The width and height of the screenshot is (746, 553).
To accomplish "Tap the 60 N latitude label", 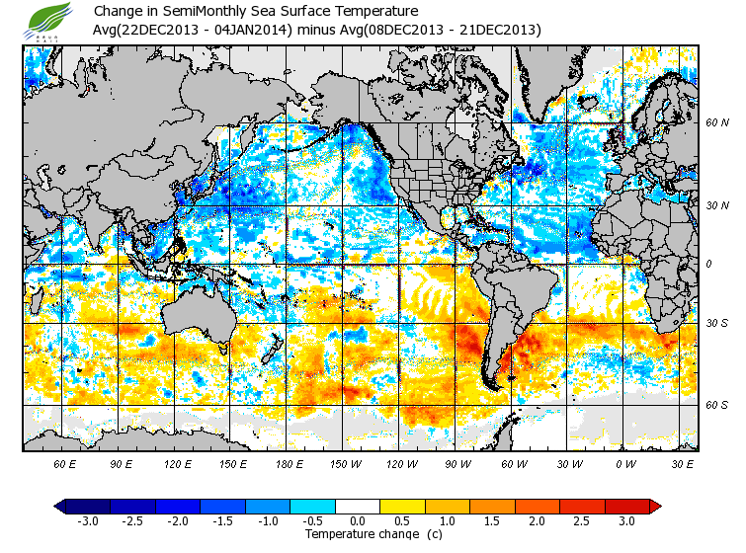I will pos(717,123).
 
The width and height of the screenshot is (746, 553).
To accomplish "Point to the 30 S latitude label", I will pos(717,323).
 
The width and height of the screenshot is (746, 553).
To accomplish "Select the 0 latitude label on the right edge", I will pos(708,264).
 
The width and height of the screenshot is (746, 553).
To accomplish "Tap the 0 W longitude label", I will pos(624,462).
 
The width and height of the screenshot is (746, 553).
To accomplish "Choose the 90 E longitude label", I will pos(122,462).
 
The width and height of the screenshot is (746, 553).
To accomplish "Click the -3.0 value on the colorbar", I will pos(88,521).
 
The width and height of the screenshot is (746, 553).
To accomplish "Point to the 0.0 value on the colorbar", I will pos(357,521).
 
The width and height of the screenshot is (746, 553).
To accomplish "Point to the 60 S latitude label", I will pos(717,405).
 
